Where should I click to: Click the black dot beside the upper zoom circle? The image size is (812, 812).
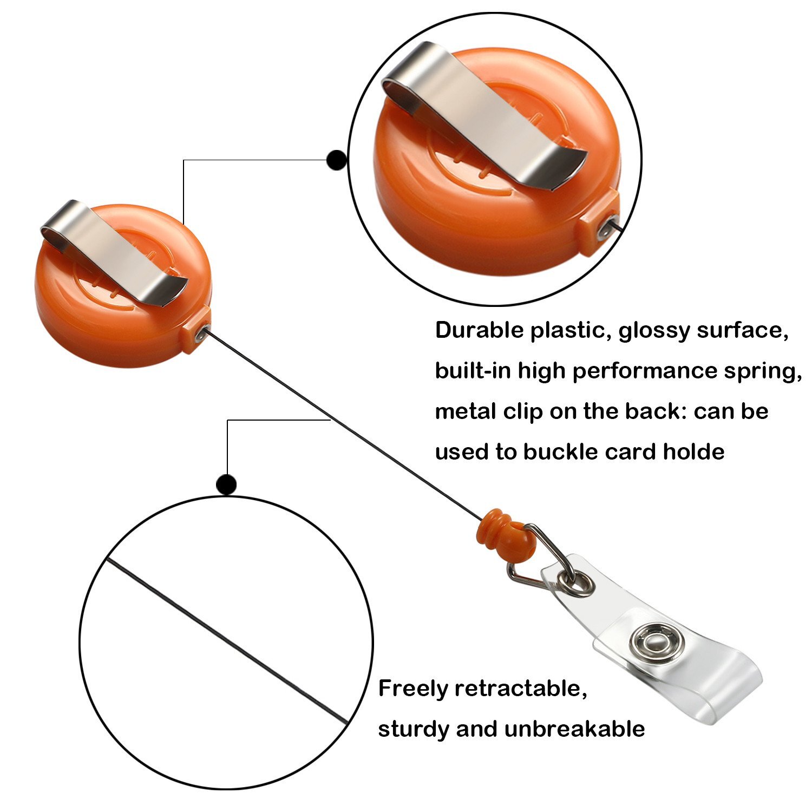[337, 160]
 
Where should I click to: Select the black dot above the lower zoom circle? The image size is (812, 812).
[226, 484]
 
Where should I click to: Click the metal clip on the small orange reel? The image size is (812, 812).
[114, 252]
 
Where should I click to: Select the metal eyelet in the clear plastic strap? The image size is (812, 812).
[580, 584]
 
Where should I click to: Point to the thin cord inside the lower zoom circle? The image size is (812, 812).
[227, 641]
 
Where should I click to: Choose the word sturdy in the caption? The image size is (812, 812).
[413, 730]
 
